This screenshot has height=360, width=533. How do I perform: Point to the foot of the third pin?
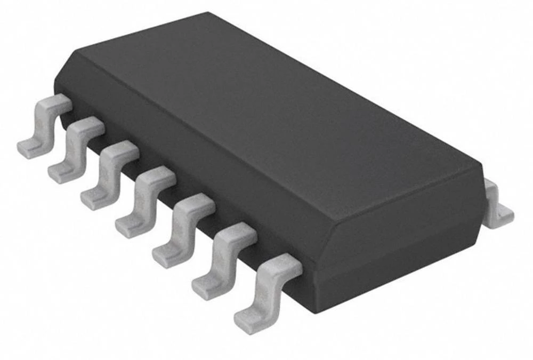coord(96,201)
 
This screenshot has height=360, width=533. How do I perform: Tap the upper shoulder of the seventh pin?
coord(285,265)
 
